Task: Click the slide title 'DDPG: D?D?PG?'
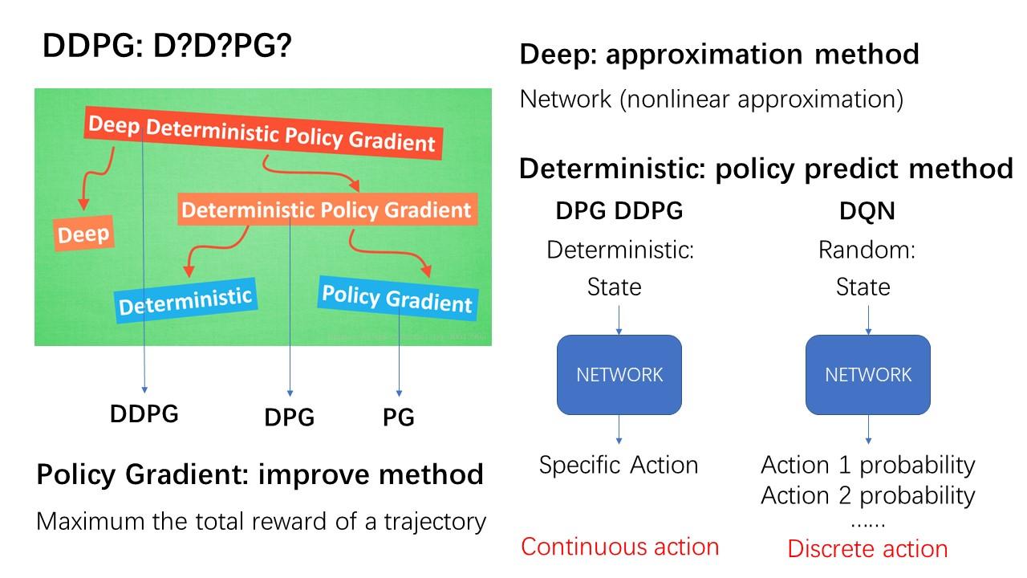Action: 167,47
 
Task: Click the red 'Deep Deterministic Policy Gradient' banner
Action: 262,133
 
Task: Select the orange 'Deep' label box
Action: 84,234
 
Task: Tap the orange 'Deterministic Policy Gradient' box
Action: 327,210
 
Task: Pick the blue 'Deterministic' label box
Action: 185,301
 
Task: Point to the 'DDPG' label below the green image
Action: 144,414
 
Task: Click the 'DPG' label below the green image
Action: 289,417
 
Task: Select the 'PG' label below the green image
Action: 398,417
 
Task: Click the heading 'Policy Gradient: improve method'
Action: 260,474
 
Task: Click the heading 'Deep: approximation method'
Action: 719,55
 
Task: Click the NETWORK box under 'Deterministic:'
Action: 619,375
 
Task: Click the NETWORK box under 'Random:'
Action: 868,375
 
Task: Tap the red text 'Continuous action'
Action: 619,547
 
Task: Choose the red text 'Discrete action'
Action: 867,549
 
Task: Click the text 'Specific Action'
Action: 619,465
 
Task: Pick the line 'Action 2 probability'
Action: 867,495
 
